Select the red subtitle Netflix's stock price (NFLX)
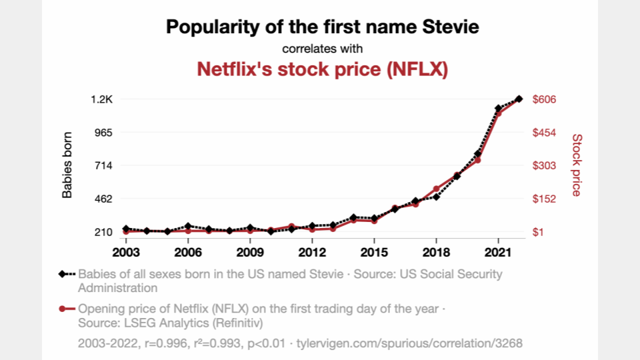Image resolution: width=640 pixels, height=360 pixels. point(321,69)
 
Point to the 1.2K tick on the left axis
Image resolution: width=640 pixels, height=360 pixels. point(102,99)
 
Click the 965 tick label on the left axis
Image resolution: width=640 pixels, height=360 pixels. point(104,133)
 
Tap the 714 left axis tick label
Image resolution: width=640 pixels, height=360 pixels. point(104,165)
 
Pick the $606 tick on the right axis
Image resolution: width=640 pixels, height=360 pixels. point(545,99)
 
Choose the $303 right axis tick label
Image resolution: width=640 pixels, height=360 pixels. point(545,165)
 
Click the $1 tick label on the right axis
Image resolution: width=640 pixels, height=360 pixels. point(539,232)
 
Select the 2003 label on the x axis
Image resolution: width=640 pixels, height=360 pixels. point(126,253)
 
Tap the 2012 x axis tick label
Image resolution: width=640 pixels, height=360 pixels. point(312,253)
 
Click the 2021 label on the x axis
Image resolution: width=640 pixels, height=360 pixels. point(498,253)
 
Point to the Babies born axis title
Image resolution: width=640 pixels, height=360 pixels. point(67,165)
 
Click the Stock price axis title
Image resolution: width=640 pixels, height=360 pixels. point(577,165)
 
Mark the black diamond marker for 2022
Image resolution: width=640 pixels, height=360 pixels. point(519,99)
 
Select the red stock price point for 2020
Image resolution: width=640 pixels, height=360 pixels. point(477,160)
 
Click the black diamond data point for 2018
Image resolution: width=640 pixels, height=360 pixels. point(436,197)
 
